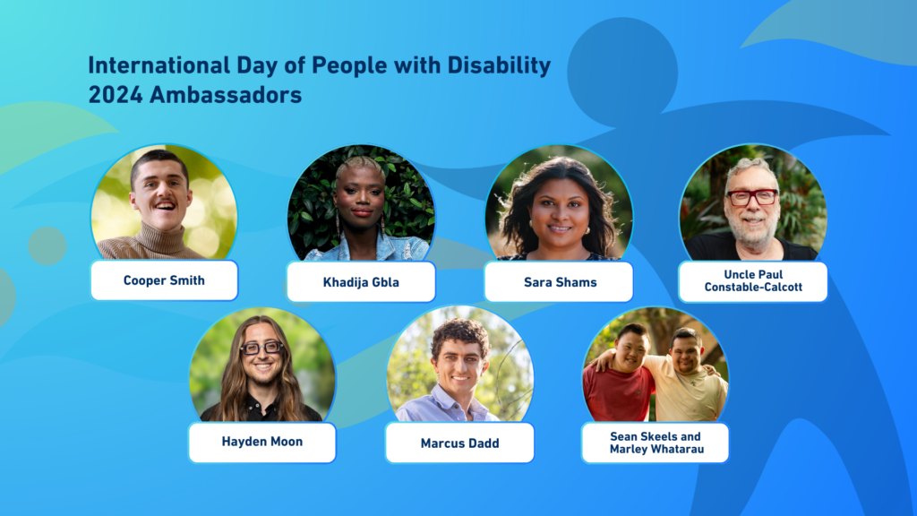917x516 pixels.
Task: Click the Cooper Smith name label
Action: (x=165, y=280)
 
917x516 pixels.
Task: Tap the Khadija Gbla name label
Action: (x=361, y=282)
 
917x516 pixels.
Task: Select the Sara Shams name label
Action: (x=559, y=282)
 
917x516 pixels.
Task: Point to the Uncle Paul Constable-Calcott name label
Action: (x=753, y=281)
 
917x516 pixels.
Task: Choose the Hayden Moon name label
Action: (x=262, y=443)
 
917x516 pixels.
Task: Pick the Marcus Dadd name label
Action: (x=459, y=443)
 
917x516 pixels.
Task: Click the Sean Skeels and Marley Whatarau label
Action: (x=655, y=443)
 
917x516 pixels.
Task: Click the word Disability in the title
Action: (x=499, y=65)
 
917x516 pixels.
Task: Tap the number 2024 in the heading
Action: (x=116, y=95)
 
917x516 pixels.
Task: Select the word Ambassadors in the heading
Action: (x=226, y=95)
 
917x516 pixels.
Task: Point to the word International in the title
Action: (x=159, y=64)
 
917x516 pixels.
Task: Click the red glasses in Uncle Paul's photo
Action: (x=752, y=197)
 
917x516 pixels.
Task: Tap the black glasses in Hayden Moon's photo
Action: (x=262, y=348)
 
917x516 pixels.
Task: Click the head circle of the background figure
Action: (x=622, y=73)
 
